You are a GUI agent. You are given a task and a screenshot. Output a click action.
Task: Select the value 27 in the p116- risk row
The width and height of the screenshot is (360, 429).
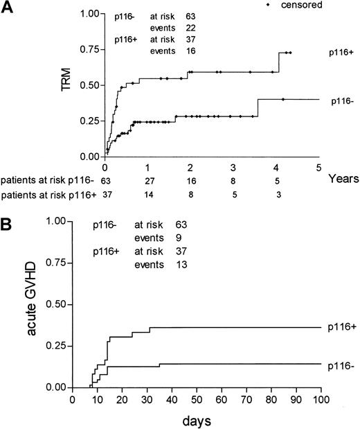(148, 182)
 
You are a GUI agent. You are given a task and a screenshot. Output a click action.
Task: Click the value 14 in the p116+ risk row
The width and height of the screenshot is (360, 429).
(148, 195)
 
